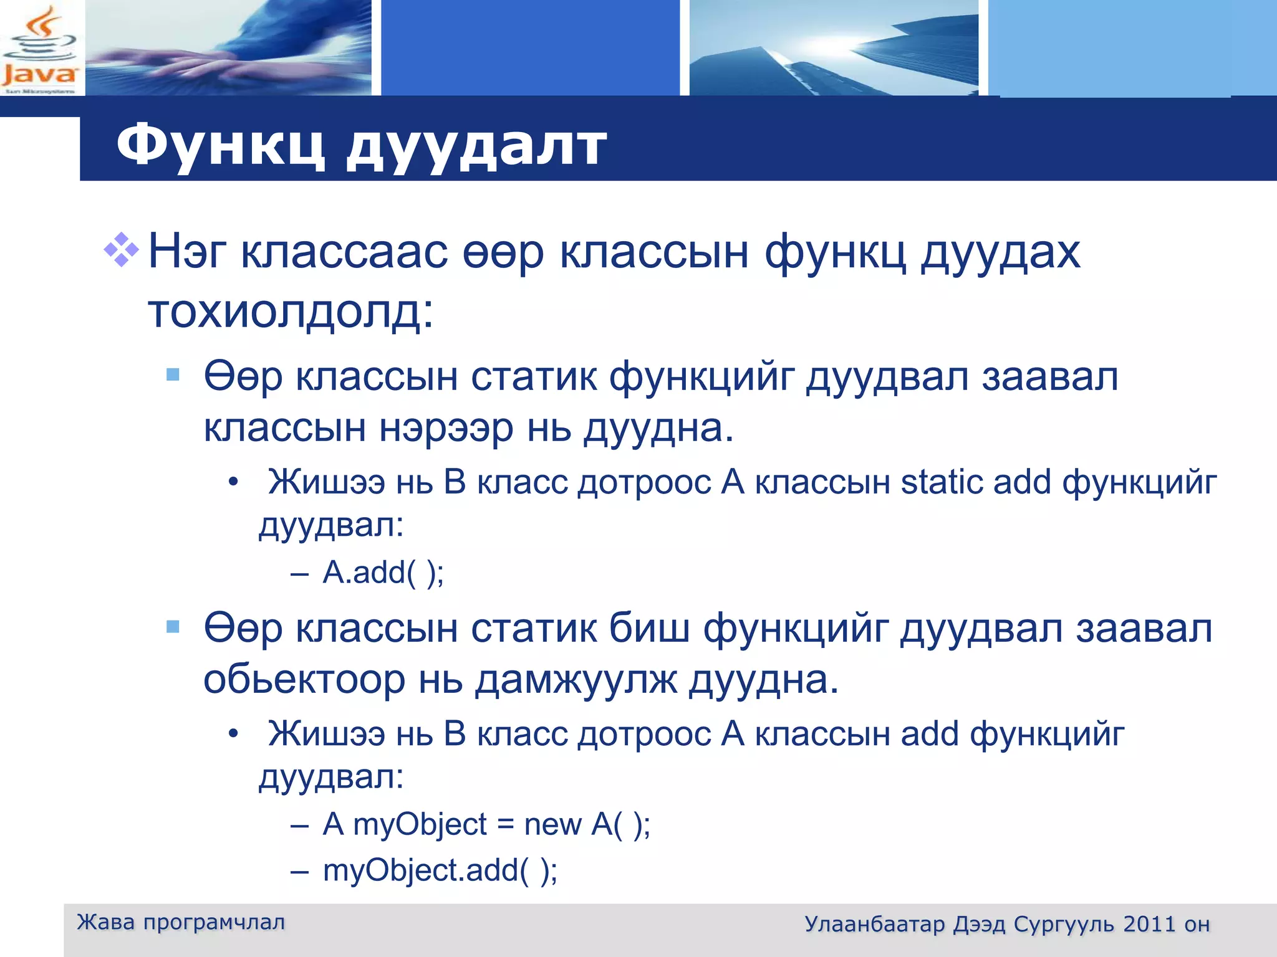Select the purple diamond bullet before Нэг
pos(121,250)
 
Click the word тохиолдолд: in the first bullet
pos(290,311)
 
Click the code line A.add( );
pos(383,573)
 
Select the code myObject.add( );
pos(440,870)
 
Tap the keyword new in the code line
pos(552,824)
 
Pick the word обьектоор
pos(304,679)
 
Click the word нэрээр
pos(446,428)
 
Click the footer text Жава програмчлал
pos(181,922)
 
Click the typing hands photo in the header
pos(228,48)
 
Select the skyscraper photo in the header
pos(833,48)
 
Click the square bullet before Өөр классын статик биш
pos(173,626)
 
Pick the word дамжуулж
pos(576,679)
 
